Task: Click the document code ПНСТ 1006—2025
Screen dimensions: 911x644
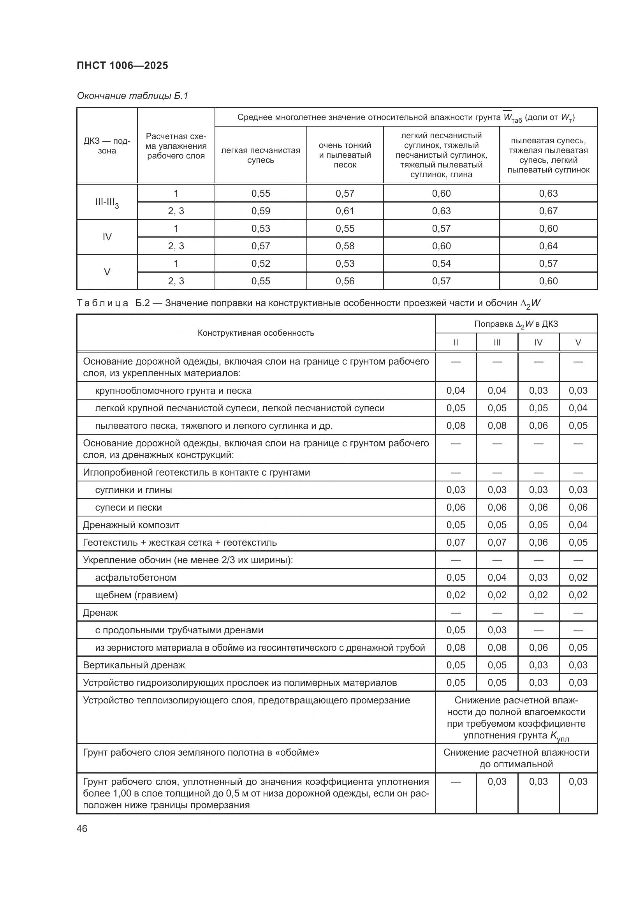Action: (122, 65)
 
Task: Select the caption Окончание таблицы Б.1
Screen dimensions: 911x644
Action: (132, 96)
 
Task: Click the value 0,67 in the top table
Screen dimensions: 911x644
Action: (548, 211)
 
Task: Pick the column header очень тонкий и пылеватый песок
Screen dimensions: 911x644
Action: (345, 155)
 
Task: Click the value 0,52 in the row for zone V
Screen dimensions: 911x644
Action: (260, 263)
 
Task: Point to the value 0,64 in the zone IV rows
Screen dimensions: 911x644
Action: (548, 246)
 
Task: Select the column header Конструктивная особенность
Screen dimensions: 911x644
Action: (256, 333)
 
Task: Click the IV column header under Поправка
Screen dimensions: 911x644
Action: (538, 342)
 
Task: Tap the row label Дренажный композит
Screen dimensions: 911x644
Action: (131, 525)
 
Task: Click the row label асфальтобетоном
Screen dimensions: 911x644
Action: (135, 577)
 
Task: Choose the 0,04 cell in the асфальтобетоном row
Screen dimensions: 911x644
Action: (497, 577)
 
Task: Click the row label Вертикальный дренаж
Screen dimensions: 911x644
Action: (134, 665)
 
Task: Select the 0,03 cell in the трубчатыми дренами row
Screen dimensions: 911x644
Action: (497, 630)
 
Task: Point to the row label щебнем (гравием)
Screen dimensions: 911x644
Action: (136, 595)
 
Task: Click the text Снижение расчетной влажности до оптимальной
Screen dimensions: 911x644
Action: (516, 758)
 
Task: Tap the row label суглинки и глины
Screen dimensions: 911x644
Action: (133, 490)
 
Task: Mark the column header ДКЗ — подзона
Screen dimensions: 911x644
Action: (107, 146)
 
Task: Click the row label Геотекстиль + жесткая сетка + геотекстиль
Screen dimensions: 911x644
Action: (179, 543)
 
